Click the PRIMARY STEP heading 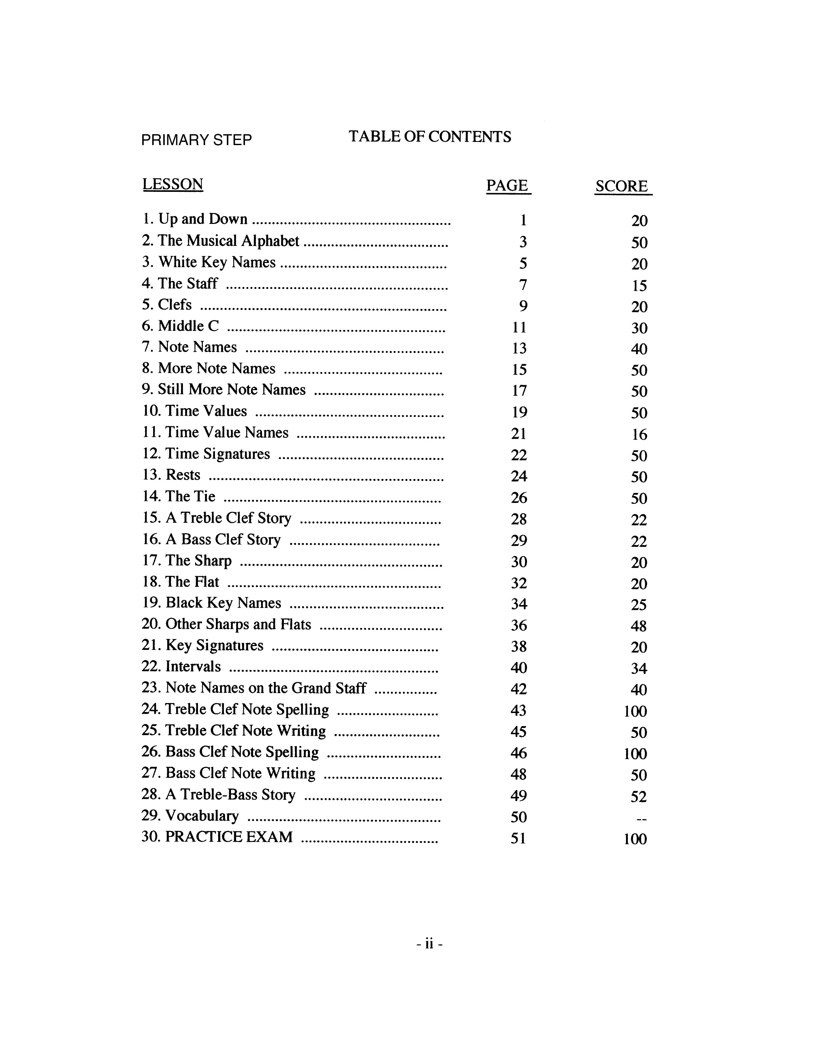(196, 140)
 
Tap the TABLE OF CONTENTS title (429, 137)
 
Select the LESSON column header (173, 184)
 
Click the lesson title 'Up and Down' (202, 219)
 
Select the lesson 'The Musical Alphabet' (228, 241)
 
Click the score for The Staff (639, 285)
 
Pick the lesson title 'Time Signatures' (217, 454)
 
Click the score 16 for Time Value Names (639, 435)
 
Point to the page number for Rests (519, 476)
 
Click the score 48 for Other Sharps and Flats (639, 626)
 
